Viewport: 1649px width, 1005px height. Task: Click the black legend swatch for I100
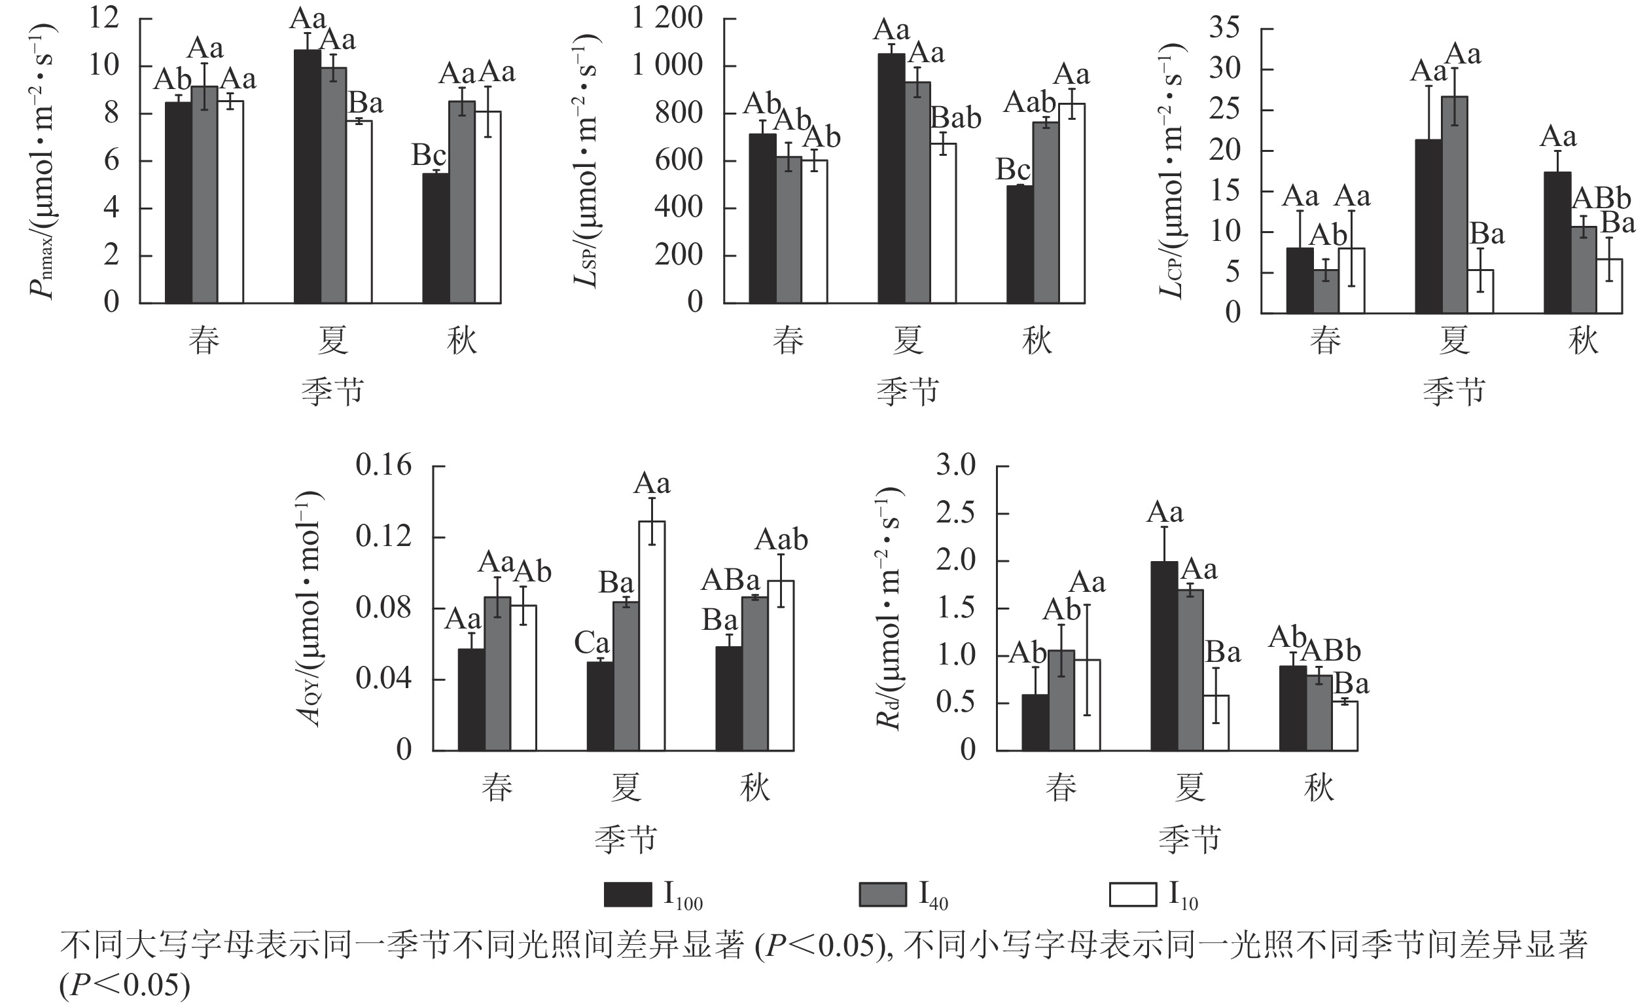point(627,894)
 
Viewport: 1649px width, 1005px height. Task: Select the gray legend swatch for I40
point(883,894)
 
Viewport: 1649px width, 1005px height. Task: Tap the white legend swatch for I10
point(1132,894)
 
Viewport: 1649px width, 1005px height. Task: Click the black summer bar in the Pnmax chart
point(307,177)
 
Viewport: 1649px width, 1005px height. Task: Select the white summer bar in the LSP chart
point(943,224)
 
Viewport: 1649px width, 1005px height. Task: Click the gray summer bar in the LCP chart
point(1454,205)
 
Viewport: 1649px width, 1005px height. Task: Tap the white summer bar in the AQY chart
point(652,636)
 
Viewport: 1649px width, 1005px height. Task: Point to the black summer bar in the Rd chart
point(1165,656)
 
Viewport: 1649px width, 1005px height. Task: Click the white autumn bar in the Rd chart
point(1345,726)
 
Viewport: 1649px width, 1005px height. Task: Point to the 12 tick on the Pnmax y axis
point(105,19)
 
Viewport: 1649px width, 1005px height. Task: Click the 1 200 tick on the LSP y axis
point(668,19)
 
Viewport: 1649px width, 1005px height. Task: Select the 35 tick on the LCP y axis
point(1225,29)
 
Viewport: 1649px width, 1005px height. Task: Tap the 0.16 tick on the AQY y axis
point(383,466)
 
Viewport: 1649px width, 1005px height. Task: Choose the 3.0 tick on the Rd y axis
point(955,466)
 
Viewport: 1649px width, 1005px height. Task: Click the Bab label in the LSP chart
point(956,119)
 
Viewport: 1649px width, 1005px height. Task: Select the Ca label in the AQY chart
point(592,644)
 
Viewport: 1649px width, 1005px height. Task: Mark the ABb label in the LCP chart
point(1601,199)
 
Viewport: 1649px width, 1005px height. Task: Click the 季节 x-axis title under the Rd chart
point(1190,839)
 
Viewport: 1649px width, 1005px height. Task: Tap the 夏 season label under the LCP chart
point(1454,341)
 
